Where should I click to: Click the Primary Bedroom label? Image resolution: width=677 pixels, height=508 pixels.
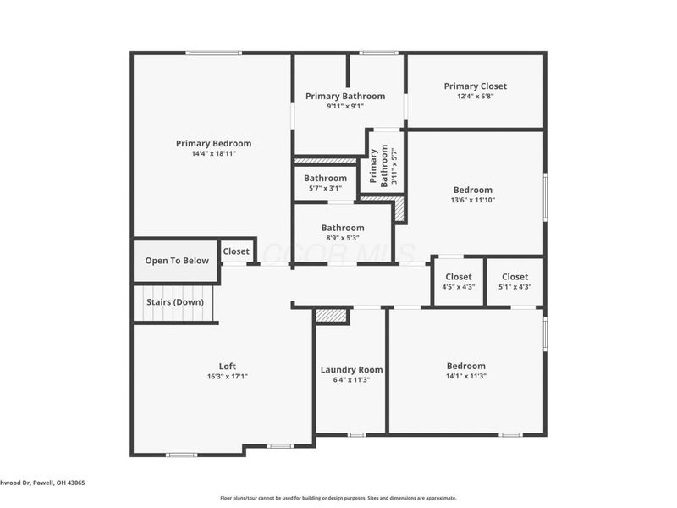[x=213, y=144]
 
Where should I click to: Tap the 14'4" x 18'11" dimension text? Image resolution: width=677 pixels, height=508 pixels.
[x=213, y=154]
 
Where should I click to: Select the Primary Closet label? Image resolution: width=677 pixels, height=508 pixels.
[x=476, y=86]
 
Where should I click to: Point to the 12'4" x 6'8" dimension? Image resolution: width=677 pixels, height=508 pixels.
[x=476, y=97]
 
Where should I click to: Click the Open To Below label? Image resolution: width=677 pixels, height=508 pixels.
[x=177, y=261]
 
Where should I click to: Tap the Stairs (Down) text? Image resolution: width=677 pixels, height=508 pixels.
[x=174, y=302]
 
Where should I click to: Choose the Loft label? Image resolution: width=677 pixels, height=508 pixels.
[x=228, y=367]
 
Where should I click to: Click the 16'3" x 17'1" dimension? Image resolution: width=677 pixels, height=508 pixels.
[x=228, y=377]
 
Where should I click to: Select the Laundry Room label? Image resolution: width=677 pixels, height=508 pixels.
[x=351, y=370]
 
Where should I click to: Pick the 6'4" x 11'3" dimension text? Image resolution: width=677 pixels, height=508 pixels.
[x=351, y=380]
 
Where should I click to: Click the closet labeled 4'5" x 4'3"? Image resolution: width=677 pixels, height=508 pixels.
[x=459, y=287]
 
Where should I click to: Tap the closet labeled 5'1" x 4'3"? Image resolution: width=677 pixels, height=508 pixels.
[x=515, y=287]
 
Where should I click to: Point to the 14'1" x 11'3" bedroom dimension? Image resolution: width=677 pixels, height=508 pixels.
[x=466, y=377]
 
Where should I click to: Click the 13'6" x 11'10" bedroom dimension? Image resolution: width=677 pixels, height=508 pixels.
[x=473, y=201]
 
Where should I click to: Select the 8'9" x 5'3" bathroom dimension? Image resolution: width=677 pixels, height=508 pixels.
[x=343, y=238]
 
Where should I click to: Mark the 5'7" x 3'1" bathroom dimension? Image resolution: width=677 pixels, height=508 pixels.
[x=326, y=189]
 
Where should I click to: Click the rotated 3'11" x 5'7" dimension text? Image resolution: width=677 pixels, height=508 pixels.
[x=394, y=166]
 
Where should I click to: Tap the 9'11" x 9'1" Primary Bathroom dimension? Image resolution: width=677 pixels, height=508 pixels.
[x=345, y=107]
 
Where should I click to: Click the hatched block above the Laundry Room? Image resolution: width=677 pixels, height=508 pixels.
[x=331, y=315]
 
